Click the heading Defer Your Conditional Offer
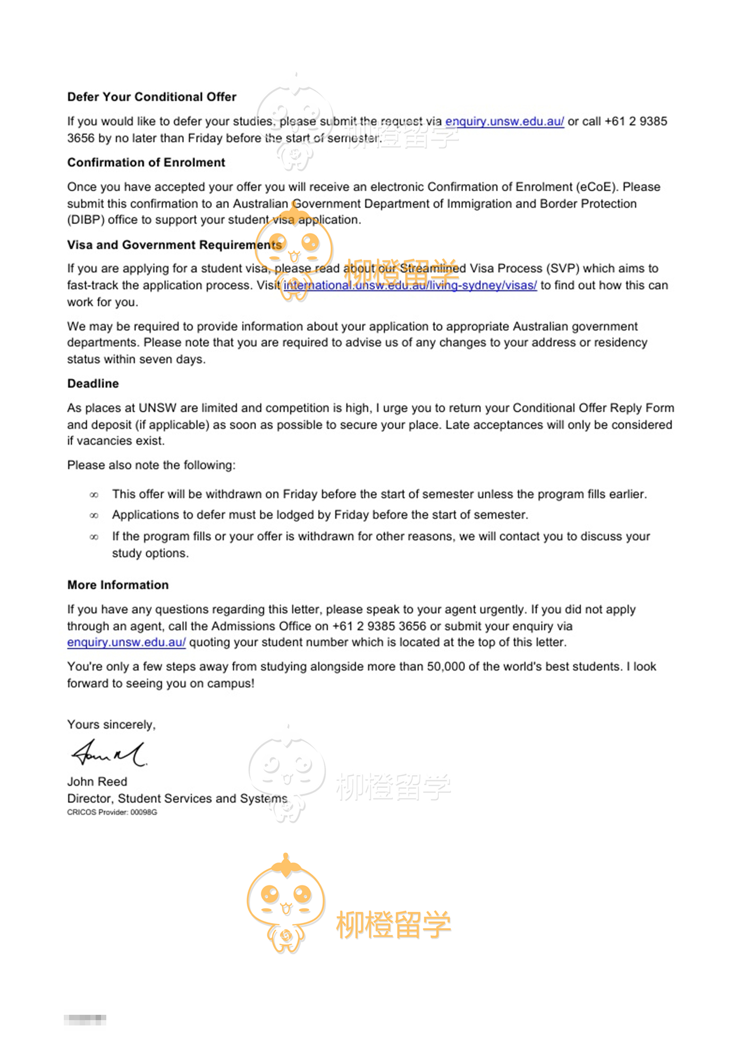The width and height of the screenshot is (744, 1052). coord(151,97)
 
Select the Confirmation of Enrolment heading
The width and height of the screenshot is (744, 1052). coord(146,163)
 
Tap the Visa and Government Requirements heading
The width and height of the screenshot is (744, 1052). coord(174,245)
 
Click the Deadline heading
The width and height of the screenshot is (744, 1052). coord(93,384)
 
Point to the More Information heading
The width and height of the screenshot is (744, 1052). coord(118,585)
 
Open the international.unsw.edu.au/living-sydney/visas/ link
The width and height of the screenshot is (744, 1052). coord(410,285)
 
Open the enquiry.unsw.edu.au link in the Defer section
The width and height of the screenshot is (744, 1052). coord(504,122)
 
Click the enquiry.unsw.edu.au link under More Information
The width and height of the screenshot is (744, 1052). coord(126,642)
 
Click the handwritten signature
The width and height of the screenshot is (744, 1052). coord(109,753)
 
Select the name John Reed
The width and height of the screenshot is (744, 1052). coord(97,782)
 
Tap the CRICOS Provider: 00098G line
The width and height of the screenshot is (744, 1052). coord(112,812)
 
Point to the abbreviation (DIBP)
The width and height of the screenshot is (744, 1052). coord(86,220)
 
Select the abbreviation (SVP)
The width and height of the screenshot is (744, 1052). coord(564,268)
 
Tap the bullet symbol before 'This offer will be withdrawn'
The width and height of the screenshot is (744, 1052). coord(94,495)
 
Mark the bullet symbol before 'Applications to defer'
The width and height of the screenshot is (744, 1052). coord(94,516)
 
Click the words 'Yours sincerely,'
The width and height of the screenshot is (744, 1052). coord(112,725)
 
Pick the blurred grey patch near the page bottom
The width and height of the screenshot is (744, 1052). coord(85,1020)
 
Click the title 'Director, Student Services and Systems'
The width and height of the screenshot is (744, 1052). coord(177,799)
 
